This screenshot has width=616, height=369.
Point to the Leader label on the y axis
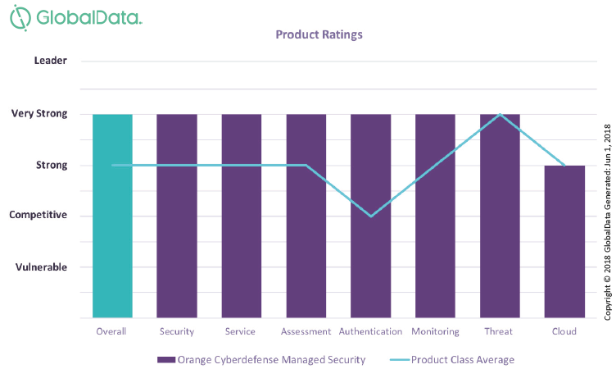click(51, 61)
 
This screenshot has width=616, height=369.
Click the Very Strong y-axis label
click(39, 114)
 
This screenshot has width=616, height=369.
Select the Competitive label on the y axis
click(38, 215)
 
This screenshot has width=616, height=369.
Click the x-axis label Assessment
click(306, 332)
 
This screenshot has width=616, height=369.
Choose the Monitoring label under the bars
click(435, 332)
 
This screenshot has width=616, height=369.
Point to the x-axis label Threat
click(499, 332)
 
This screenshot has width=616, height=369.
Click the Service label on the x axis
click(241, 332)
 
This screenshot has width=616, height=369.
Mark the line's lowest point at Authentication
click(371, 216)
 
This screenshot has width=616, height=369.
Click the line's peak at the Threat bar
click(500, 114)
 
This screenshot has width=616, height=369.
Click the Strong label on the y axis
click(52, 165)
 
